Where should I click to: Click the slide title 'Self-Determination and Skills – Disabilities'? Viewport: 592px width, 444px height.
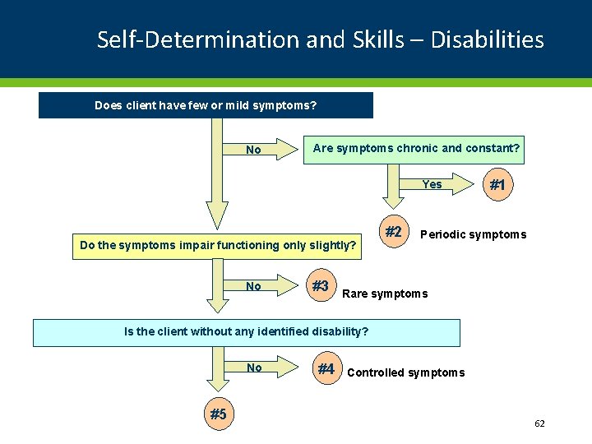coord(320,39)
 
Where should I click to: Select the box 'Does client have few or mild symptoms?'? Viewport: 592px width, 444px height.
coord(206,105)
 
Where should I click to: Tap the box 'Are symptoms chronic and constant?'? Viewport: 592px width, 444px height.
coord(416,149)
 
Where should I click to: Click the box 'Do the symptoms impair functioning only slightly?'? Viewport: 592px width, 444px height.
coord(218,245)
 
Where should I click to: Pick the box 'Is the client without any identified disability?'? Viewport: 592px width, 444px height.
coord(246,332)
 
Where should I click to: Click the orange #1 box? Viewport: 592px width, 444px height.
coord(497,186)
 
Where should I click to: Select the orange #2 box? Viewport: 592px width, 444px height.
coord(394,233)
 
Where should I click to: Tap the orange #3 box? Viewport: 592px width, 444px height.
coord(320,286)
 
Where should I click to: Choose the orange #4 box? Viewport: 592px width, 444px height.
coord(326,369)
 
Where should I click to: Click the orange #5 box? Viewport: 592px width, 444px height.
coord(218,414)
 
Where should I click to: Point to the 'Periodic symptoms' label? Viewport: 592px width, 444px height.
coord(473,234)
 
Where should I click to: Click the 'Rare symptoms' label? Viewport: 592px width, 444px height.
coord(385,294)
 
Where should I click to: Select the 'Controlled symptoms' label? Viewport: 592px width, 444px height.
coord(406,373)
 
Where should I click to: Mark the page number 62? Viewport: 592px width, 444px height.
coord(539,423)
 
